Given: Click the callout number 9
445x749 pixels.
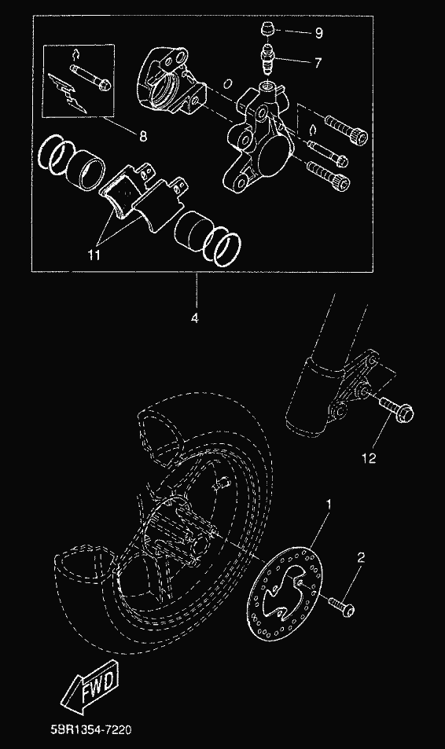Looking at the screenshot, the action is click(x=319, y=33).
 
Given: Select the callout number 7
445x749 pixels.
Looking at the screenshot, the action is click(x=318, y=63).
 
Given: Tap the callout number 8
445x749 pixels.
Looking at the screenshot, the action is click(x=143, y=137).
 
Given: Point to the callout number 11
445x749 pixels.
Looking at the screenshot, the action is click(x=94, y=255).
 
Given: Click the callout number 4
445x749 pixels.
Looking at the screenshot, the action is click(x=194, y=318).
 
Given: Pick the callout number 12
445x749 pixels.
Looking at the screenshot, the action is click(x=369, y=458).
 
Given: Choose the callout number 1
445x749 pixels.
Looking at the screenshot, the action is click(x=329, y=504).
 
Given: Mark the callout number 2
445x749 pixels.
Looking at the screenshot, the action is click(x=361, y=557).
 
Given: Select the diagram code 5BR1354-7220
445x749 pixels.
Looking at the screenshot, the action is click(x=91, y=730).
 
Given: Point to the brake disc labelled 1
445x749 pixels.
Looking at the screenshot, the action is click(x=285, y=594).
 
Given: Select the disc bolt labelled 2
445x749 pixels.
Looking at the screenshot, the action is click(x=342, y=606).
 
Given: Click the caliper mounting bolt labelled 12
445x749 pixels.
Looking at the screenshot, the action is click(x=397, y=411).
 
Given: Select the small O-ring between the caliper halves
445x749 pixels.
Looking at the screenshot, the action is click(x=228, y=84).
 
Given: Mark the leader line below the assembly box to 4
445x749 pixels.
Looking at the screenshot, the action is click(x=196, y=291).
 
